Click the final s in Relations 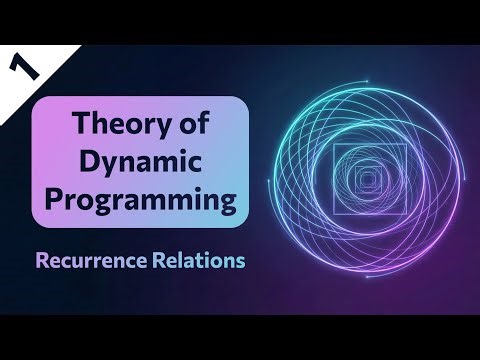click(x=234, y=263)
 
